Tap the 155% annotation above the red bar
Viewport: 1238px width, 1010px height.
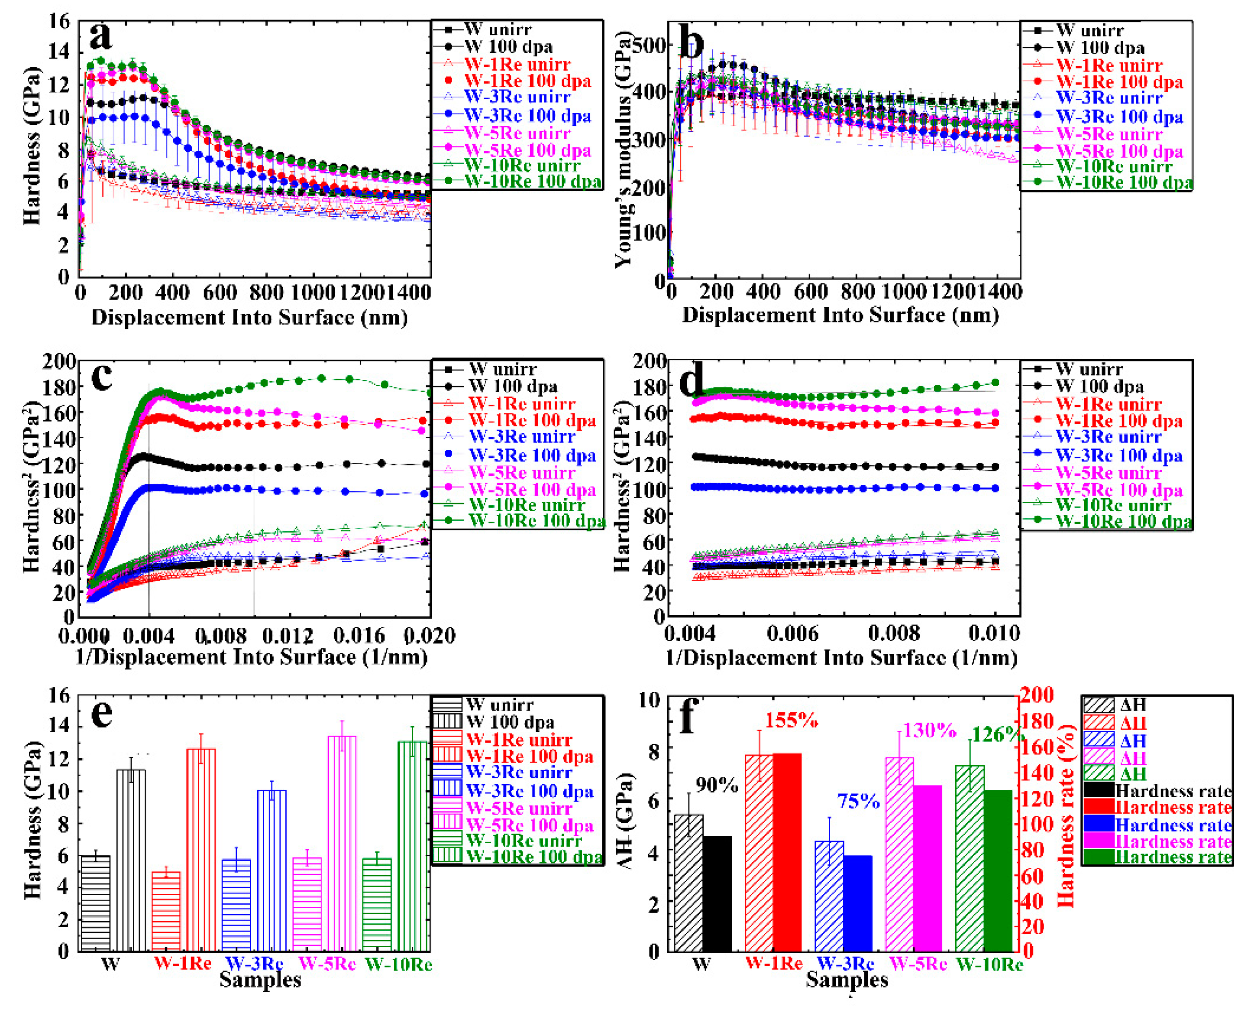[791, 720]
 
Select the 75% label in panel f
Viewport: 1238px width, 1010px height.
[858, 801]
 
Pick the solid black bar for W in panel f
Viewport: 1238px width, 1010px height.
[717, 893]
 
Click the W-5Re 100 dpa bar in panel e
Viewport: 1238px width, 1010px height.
[342, 843]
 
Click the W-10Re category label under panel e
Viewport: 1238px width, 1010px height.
[398, 965]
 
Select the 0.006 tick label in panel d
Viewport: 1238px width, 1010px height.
[793, 633]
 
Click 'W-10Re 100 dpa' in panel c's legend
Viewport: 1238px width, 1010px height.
[535, 520]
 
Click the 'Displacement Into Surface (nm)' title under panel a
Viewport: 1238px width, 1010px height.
[249, 317]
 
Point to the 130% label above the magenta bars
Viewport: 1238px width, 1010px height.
[929, 730]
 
